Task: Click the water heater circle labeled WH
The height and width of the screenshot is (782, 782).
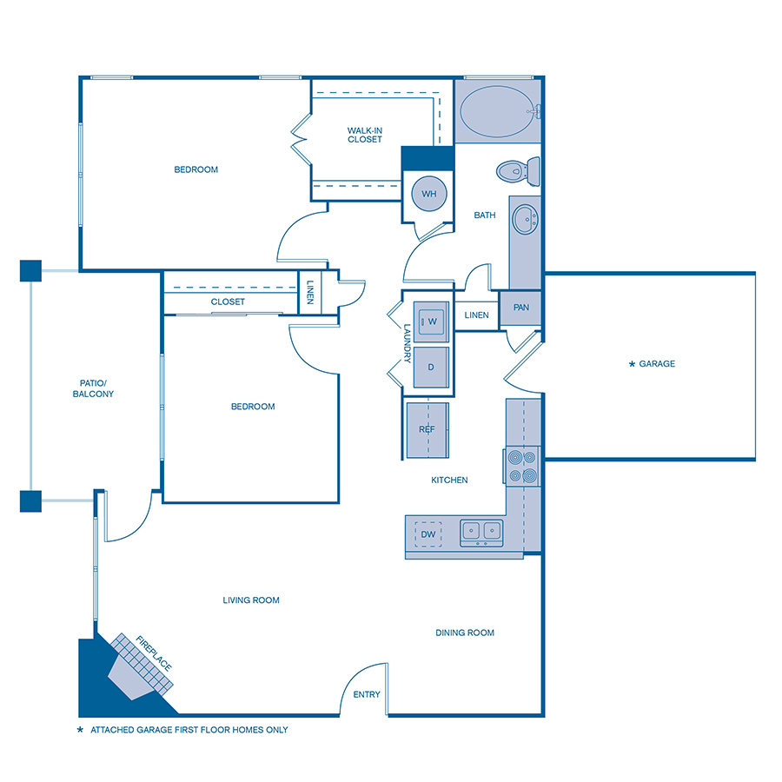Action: click(428, 194)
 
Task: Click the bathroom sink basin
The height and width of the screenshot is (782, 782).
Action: click(524, 220)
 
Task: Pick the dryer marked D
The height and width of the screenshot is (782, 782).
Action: click(430, 366)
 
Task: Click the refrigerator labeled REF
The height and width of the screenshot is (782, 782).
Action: click(427, 429)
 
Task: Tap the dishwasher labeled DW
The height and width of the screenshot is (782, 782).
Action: click(428, 533)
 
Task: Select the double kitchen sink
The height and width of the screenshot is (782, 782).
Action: click(481, 531)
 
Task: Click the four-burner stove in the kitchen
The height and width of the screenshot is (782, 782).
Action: click(522, 465)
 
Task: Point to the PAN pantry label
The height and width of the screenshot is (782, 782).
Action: click(521, 308)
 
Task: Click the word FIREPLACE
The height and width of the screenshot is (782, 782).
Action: click(155, 653)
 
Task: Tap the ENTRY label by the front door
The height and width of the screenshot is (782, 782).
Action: click(366, 694)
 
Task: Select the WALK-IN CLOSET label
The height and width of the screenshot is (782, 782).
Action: click(365, 135)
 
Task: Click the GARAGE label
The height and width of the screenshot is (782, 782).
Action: click(657, 364)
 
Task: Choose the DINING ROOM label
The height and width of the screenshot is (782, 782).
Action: click(465, 633)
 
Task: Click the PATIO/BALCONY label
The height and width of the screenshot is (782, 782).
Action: click(93, 388)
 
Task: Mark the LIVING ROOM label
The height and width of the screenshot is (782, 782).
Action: click(251, 600)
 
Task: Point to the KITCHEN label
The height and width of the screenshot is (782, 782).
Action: click(450, 480)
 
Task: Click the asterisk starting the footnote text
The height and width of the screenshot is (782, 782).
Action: click(80, 730)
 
